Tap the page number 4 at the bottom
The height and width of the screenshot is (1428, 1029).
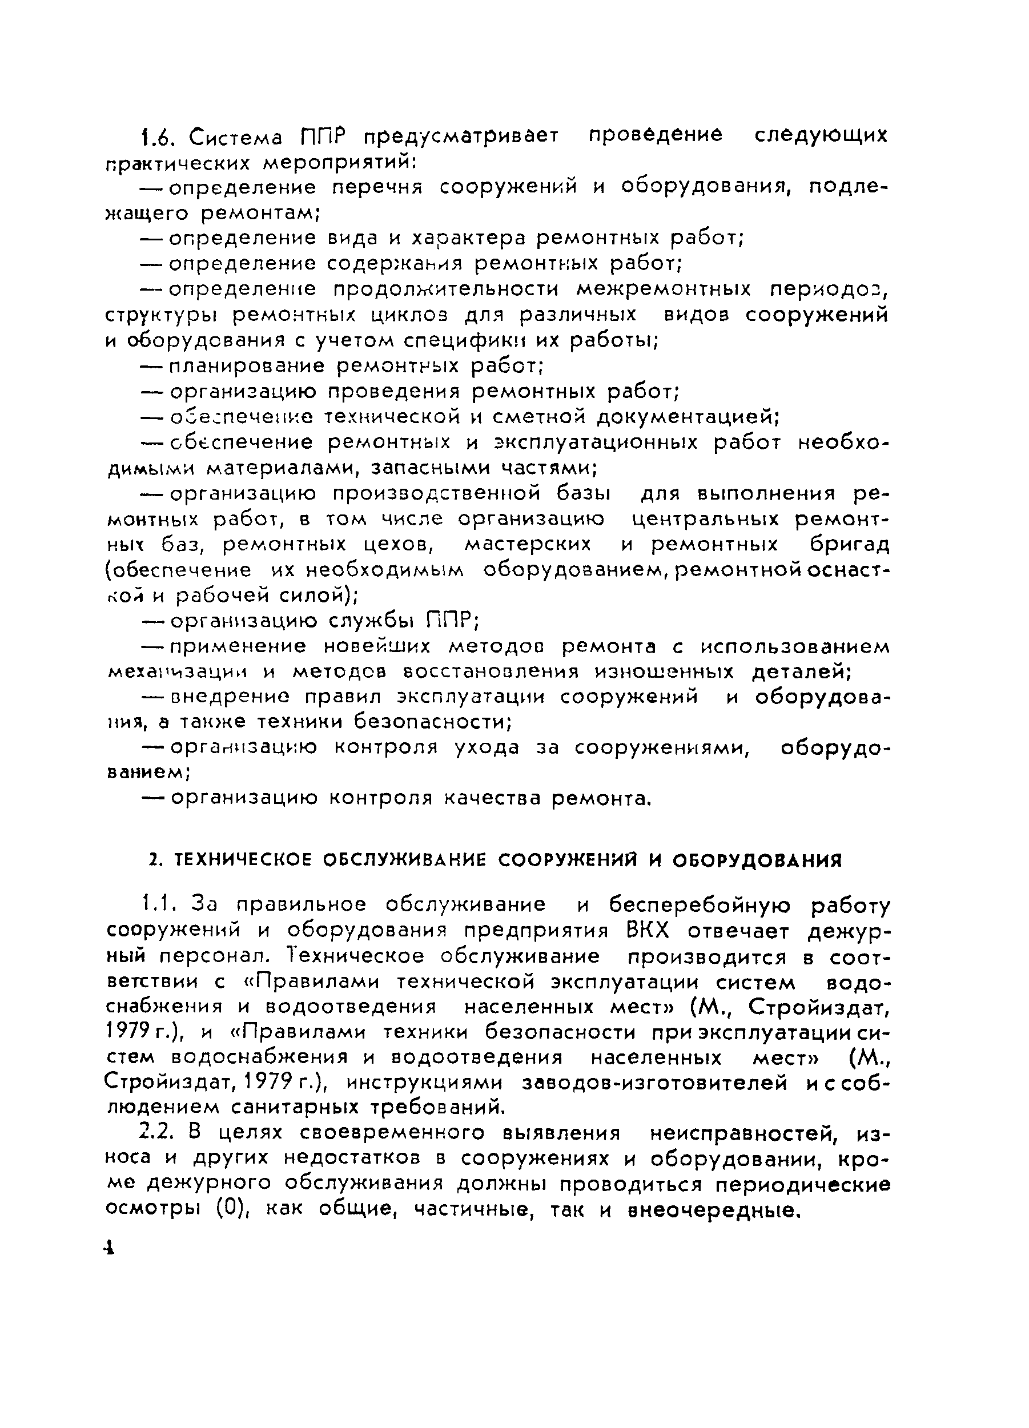(x=110, y=1249)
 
